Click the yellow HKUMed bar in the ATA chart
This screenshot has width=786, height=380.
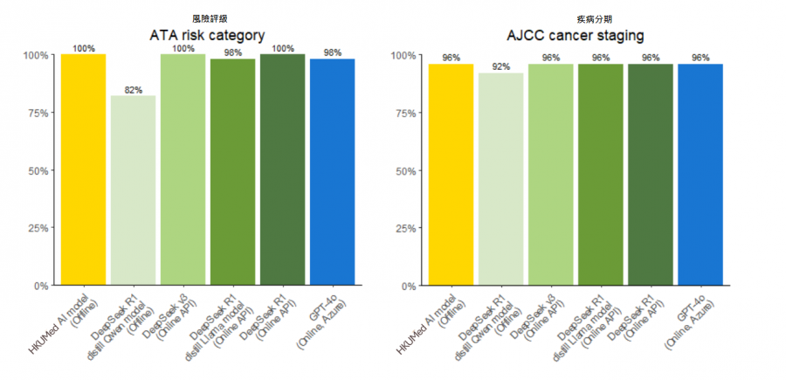point(83,169)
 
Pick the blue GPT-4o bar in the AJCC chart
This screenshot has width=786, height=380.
point(700,175)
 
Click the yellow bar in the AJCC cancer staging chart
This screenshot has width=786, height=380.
point(451,175)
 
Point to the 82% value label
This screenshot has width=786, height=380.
point(133,90)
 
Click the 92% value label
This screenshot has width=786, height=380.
point(500,67)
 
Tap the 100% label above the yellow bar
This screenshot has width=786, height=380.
point(84,49)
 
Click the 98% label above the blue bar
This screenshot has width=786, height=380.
point(332,52)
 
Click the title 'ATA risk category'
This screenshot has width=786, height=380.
point(208,36)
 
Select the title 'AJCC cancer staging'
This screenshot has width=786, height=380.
point(576,36)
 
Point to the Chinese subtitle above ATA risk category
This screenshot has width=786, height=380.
point(208,17)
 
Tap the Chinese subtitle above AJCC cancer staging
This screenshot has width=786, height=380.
point(576,17)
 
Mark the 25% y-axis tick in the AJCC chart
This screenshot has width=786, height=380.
point(404,228)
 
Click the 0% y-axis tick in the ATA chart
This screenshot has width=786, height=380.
point(39,286)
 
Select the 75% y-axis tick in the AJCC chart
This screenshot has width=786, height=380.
point(404,113)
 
